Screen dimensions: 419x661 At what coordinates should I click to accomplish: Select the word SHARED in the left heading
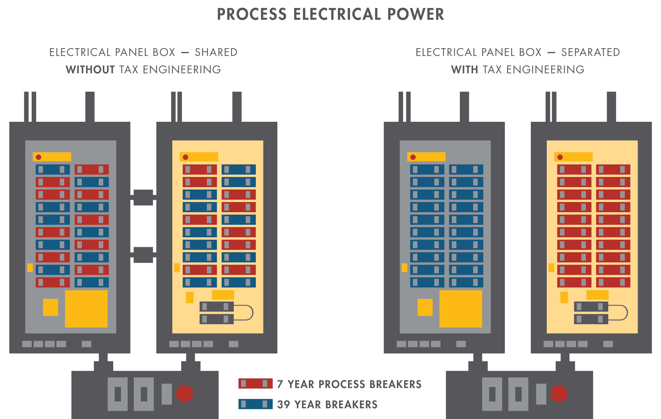(x=216, y=52)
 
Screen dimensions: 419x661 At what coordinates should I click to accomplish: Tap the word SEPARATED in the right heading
(x=590, y=52)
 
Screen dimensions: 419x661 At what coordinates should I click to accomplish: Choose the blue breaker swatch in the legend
(x=255, y=404)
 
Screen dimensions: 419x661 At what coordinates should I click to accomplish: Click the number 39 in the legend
(x=284, y=404)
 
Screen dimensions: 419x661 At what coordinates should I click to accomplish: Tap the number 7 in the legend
(x=280, y=384)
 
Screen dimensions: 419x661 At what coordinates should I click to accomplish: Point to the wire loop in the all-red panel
(x=623, y=313)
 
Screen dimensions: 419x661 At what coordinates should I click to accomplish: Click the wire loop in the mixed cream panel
(x=248, y=313)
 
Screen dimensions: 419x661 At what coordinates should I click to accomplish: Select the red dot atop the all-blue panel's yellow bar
(x=413, y=157)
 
